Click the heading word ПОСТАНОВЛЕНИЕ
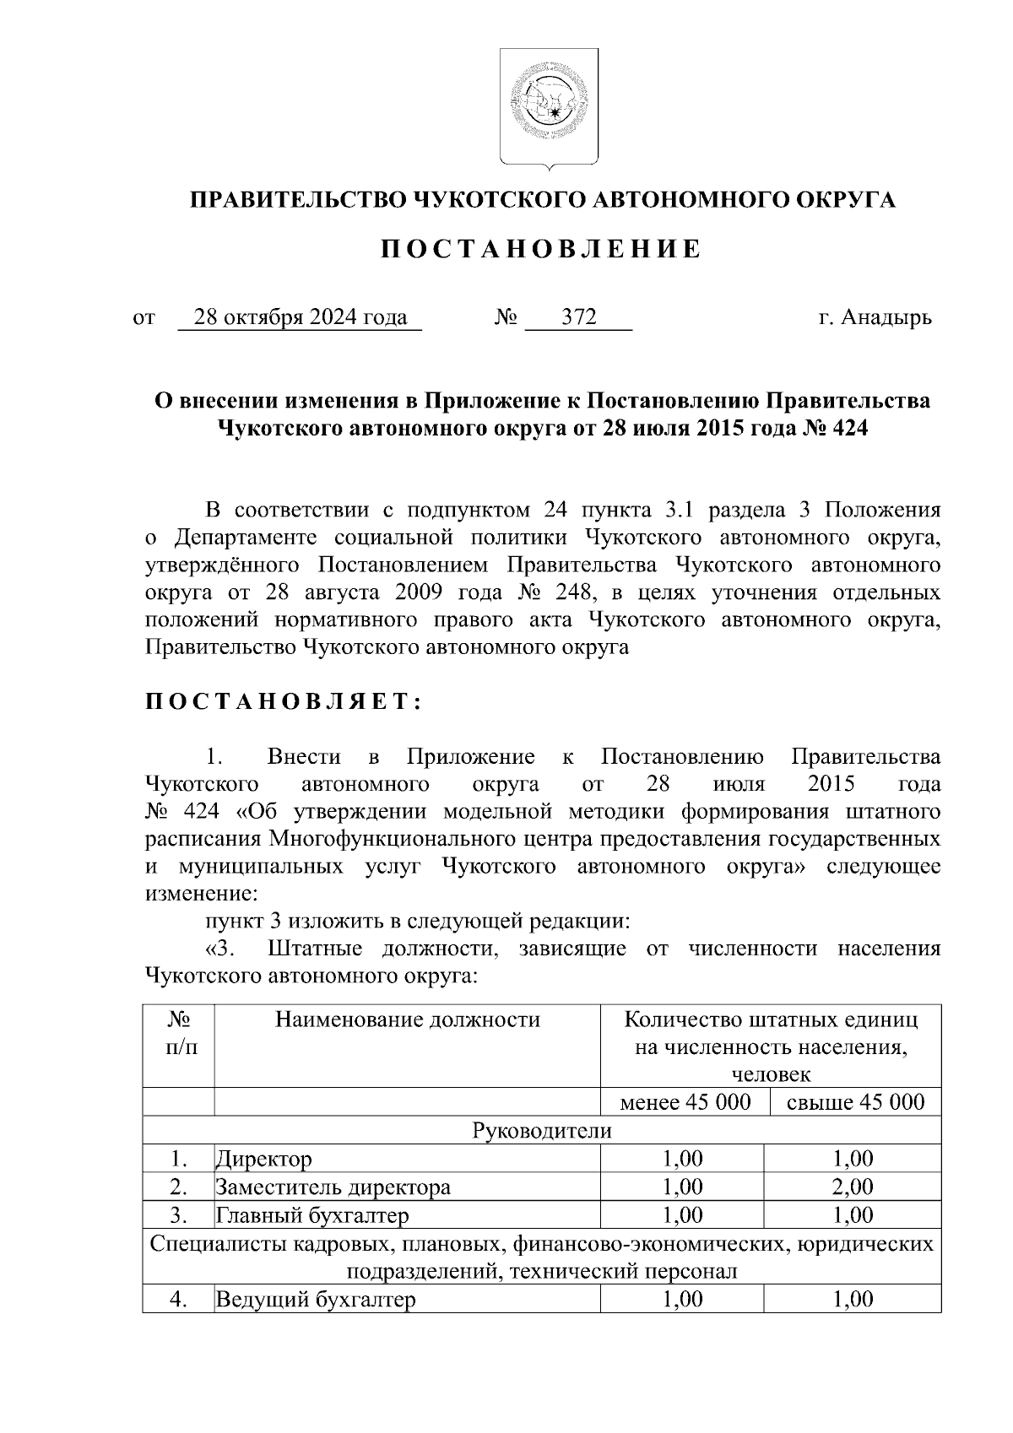pyautogui.click(x=541, y=250)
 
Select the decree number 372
pyautogui.click(x=579, y=318)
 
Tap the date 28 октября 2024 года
pyautogui.click(x=301, y=318)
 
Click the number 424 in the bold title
pyautogui.click(x=850, y=429)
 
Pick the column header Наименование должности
pyautogui.click(x=407, y=1019)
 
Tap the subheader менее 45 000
pyautogui.click(x=685, y=1102)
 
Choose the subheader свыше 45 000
pyautogui.click(x=855, y=1102)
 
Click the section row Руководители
pyautogui.click(x=541, y=1131)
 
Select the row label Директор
pyautogui.click(x=264, y=1160)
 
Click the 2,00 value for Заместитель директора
pyautogui.click(x=853, y=1187)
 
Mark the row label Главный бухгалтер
pyautogui.click(x=312, y=1215)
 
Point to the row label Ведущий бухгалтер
pyautogui.click(x=316, y=1300)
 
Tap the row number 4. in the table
pyautogui.click(x=178, y=1300)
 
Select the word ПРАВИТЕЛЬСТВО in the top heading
pyautogui.click(x=296, y=200)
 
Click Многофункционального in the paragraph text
pyautogui.click(x=406, y=839)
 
